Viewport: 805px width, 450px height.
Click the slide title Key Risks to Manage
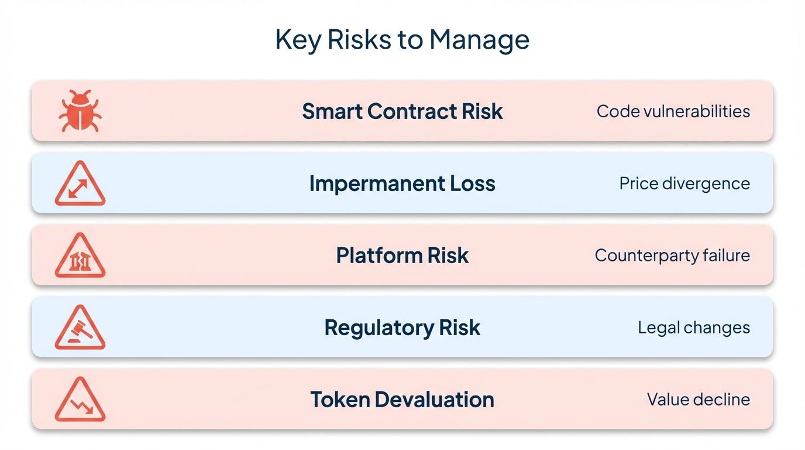(402, 40)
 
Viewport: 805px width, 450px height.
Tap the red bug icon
(80, 111)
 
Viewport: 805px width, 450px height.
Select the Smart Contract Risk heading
(402, 111)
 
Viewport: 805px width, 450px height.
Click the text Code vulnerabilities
(673, 111)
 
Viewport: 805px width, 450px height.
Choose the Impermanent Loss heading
(402, 183)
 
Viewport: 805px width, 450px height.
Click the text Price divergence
(684, 183)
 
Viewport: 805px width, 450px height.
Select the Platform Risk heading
(402, 255)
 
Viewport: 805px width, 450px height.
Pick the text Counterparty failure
(672, 255)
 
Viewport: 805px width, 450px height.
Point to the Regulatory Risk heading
(402, 328)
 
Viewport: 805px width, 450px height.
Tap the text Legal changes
(693, 328)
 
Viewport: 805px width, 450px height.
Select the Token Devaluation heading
(402, 400)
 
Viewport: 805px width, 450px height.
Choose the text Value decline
(698, 400)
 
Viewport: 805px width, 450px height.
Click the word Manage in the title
(479, 40)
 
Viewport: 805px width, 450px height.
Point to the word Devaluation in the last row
(434, 400)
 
